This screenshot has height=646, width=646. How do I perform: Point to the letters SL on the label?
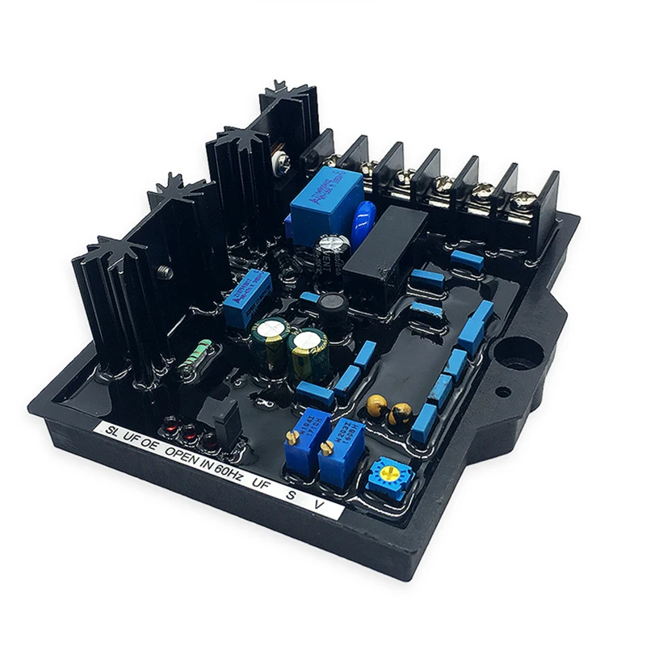[x=111, y=428]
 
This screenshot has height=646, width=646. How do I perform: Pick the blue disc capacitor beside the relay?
[x=365, y=212]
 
